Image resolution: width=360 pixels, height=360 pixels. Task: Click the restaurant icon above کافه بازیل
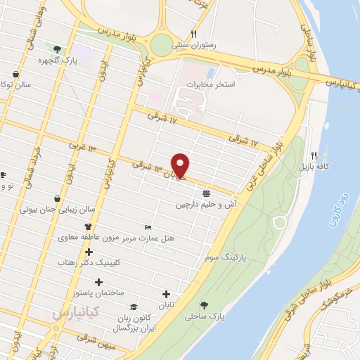314,155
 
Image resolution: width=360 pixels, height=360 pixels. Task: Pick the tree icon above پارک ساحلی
203,305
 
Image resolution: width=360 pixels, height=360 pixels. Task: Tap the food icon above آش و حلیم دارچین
205,193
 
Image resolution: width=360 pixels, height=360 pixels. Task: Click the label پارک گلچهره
58,60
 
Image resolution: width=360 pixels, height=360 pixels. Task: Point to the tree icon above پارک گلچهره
58,49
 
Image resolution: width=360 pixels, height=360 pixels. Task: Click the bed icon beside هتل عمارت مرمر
147,227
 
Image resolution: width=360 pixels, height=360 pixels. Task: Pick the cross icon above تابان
166,294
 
